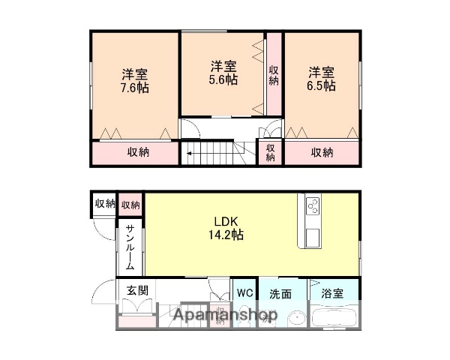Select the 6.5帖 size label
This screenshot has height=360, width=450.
click(x=321, y=85)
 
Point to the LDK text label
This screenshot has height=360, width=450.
click(x=227, y=221)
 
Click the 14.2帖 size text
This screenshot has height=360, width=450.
click(x=227, y=235)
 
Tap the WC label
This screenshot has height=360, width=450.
click(x=244, y=292)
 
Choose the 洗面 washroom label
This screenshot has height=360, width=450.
click(x=282, y=293)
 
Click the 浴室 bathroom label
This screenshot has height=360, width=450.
click(x=332, y=293)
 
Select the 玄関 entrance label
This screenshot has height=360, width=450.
click(x=136, y=291)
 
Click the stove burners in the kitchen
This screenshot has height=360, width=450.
click(x=312, y=204)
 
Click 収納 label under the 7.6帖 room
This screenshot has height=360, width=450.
click(x=137, y=151)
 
